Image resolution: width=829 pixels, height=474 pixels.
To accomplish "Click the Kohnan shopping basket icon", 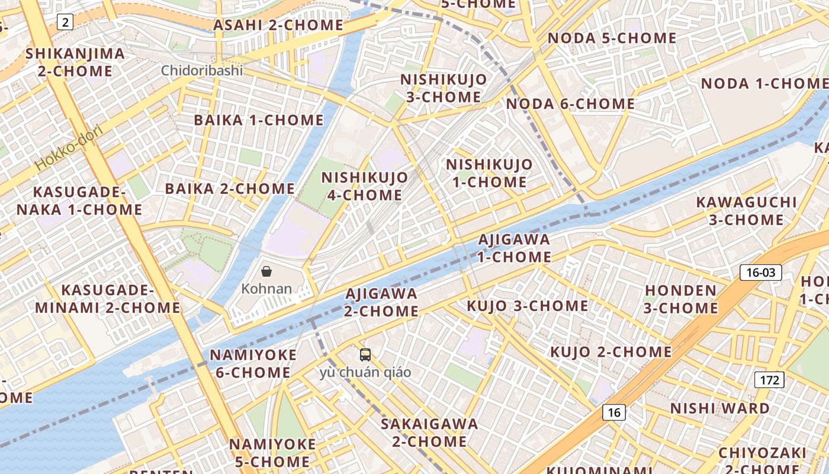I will pyautogui.click(x=266, y=271).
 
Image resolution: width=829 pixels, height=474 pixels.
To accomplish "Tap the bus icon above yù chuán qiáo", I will pyautogui.click(x=365, y=355).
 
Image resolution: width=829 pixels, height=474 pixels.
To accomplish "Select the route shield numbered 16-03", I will pyautogui.click(x=761, y=273).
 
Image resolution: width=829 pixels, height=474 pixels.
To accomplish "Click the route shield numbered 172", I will pyautogui.click(x=769, y=380).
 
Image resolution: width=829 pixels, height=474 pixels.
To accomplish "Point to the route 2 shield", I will pyautogui.click(x=65, y=23).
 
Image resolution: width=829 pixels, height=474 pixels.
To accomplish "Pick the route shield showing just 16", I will pyautogui.click(x=614, y=412).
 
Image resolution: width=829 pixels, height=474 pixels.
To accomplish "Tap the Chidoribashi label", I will pyautogui.click(x=202, y=71).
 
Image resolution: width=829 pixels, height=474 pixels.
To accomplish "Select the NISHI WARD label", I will pyautogui.click(x=720, y=408).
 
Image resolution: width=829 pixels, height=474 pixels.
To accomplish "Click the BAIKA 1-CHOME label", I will pyautogui.click(x=259, y=120).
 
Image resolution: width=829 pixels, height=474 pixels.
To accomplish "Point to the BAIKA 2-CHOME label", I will pyautogui.click(x=230, y=189).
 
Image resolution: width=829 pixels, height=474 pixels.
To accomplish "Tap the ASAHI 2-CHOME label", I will pyautogui.click(x=278, y=25).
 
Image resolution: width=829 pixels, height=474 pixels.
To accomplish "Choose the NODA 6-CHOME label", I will pyautogui.click(x=570, y=104).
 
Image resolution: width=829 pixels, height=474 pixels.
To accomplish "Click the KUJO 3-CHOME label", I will pyautogui.click(x=528, y=306).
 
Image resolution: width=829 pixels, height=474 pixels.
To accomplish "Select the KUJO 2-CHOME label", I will pyautogui.click(x=610, y=352).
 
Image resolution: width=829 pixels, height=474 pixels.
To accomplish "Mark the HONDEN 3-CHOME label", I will pyautogui.click(x=681, y=299).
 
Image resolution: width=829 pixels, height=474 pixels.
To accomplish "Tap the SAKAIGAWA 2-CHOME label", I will pyautogui.click(x=429, y=433).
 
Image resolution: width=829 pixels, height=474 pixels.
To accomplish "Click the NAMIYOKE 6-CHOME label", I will pyautogui.click(x=253, y=364).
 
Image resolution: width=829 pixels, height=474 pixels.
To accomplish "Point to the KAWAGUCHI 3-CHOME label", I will pyautogui.click(x=746, y=211).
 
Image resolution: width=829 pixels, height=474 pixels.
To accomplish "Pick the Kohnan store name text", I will pyautogui.click(x=266, y=289).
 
